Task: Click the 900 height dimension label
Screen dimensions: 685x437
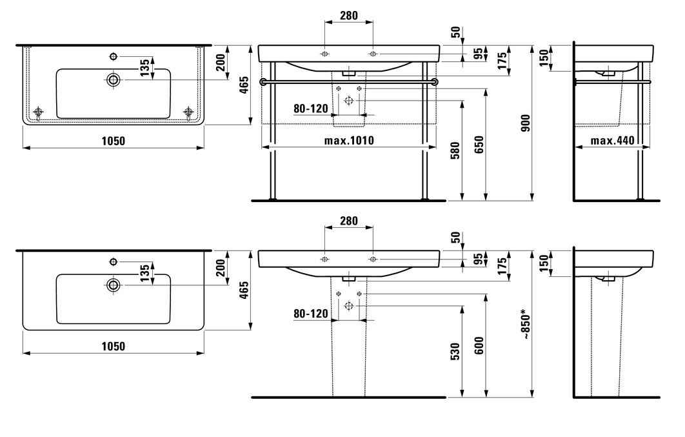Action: tap(525, 123)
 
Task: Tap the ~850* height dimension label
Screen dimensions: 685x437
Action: tap(525, 324)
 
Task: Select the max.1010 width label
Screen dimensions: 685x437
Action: tap(349, 140)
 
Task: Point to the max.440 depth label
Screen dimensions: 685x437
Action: tap(613, 140)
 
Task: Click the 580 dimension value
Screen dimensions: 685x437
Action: tap(455, 150)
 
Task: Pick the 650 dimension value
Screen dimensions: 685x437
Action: tap(479, 145)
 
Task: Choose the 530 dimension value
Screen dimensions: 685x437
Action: tap(455, 351)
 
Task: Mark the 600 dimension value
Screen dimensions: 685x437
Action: tap(479, 345)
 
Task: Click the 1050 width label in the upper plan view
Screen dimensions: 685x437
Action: tap(113, 141)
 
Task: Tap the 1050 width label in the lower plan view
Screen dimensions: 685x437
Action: tap(113, 346)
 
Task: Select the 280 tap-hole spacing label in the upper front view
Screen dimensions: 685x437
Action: tap(348, 15)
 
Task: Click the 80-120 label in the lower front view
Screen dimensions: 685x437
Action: tap(311, 313)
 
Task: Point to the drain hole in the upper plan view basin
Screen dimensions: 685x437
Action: tap(114, 79)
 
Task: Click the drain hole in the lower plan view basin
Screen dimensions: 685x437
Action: tap(114, 285)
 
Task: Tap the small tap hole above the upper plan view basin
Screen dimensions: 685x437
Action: tap(114, 56)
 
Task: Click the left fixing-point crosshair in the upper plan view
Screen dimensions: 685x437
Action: tap(39, 112)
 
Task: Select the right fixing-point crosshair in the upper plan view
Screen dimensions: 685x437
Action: tap(189, 112)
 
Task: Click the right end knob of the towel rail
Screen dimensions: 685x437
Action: tap(435, 82)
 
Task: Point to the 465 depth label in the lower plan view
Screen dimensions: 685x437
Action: tap(244, 290)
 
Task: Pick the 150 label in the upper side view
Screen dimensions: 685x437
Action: tap(544, 57)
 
